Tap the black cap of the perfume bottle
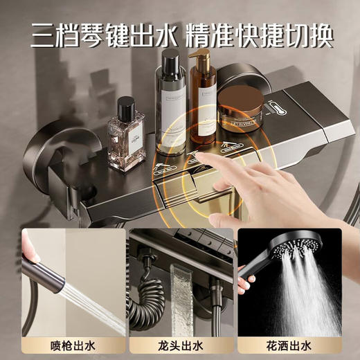point(126,108)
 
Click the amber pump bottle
point(202,104)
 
